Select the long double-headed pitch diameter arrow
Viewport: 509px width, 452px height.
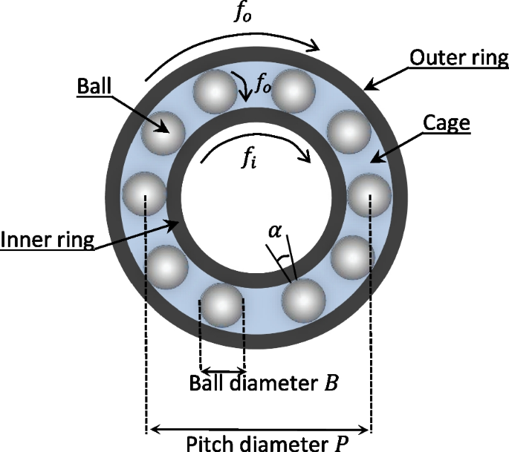258,428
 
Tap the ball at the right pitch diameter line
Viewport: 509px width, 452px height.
369,194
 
